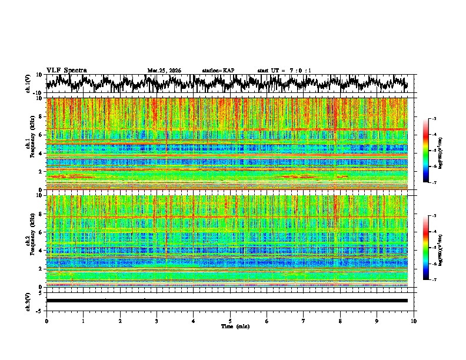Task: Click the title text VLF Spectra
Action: coord(66,71)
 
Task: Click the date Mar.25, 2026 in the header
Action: coord(164,71)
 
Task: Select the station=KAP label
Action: coord(218,71)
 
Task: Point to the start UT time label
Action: coord(284,71)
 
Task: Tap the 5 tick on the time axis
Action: coord(230,321)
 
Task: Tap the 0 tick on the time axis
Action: coord(46,321)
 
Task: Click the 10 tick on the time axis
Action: coord(414,321)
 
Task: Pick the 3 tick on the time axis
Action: coord(157,321)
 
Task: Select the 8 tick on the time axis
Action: coord(340,321)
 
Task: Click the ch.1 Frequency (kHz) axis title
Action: coord(29,144)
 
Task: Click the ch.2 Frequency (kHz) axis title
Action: coord(29,241)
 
